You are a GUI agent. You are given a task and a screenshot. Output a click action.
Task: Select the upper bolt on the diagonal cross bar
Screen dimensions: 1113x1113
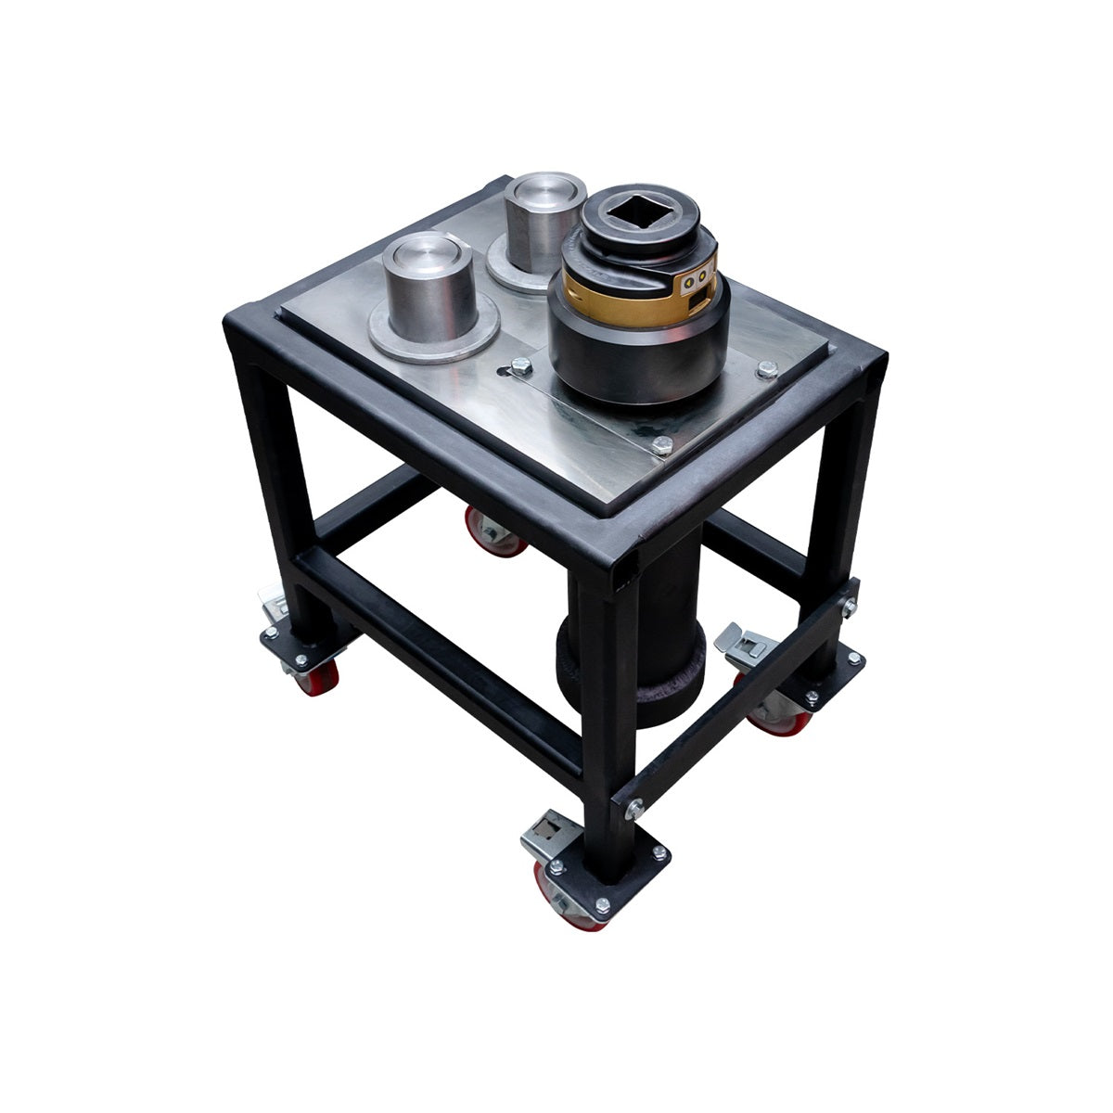[847, 608]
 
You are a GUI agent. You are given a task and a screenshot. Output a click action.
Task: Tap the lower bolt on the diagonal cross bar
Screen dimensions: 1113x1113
[633, 810]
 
